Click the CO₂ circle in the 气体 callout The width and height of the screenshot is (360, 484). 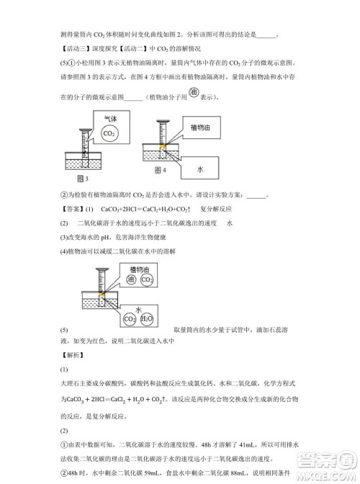(109, 135)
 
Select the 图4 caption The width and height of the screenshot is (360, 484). (161, 170)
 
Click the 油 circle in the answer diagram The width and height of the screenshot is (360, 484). (131, 279)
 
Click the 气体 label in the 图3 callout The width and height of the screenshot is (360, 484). (109, 120)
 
